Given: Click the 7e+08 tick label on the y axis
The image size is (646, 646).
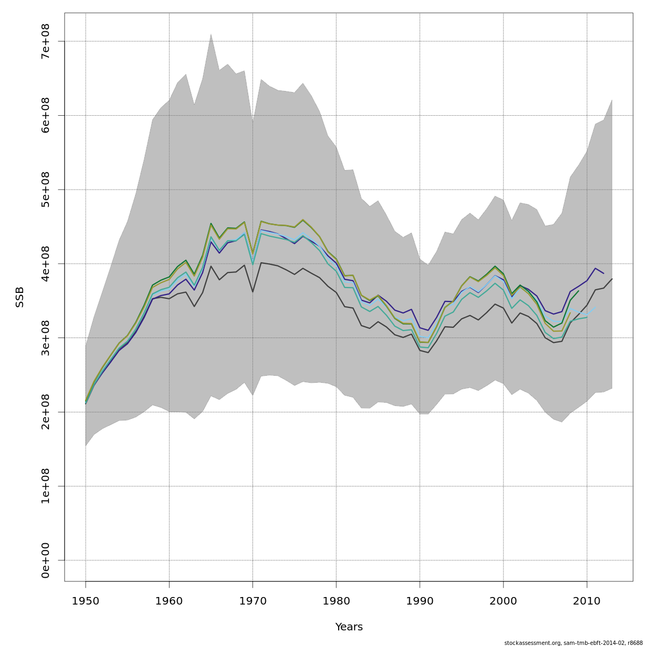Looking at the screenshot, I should tap(46, 41).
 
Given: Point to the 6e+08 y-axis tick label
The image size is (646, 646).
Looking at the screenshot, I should tap(46, 115).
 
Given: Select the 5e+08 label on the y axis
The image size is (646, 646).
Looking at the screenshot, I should tap(46, 189).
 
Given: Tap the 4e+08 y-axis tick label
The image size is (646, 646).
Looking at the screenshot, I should tap(46, 264).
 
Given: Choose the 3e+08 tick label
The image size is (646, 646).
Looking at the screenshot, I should tap(46, 338).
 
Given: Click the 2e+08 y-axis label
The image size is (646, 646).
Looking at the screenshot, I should tap(46, 412).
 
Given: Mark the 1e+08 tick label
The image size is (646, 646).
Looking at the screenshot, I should tap(46, 486).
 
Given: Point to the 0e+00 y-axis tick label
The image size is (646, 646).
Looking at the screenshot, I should tap(46, 560).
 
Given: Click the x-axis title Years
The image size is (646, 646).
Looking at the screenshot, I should tap(349, 627).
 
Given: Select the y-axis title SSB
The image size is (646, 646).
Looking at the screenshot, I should tap(20, 297).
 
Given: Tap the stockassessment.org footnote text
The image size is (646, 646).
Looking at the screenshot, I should tap(573, 643).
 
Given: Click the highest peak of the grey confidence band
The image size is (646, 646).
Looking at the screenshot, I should tap(211, 34).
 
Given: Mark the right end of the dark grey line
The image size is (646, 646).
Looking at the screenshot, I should tap(612, 279).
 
